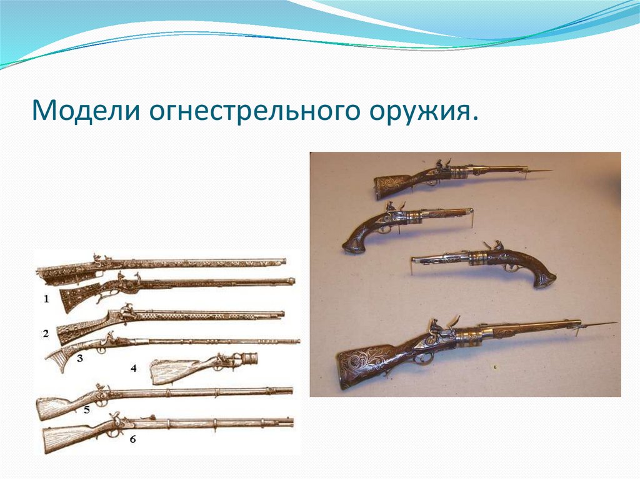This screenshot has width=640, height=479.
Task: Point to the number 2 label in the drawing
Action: [46, 333]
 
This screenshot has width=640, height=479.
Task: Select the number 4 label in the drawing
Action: [133, 368]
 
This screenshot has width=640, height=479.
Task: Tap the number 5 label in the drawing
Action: [87, 410]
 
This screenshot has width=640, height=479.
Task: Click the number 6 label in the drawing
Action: [133, 438]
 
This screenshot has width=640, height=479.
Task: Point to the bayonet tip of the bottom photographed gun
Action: [612, 323]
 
